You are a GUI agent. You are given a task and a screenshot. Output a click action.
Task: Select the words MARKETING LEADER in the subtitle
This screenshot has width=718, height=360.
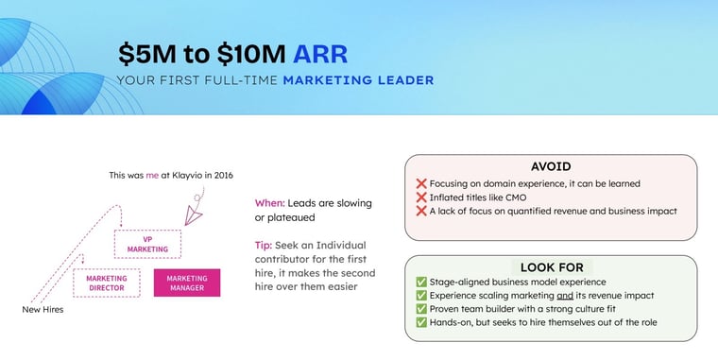click(358, 80)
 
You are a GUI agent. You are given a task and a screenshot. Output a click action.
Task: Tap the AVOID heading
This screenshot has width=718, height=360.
click(551, 165)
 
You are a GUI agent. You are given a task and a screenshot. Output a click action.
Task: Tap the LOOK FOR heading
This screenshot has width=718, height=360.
click(551, 267)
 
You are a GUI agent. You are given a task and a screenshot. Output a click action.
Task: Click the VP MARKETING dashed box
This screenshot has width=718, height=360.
click(148, 244)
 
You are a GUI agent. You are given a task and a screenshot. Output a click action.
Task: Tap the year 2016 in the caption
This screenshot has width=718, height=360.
click(222, 175)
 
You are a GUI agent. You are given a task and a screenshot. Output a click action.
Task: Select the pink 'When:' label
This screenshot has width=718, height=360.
click(270, 203)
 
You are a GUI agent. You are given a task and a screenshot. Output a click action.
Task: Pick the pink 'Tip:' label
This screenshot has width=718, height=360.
click(264, 245)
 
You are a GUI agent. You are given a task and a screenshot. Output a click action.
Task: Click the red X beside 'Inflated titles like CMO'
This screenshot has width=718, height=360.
click(421, 197)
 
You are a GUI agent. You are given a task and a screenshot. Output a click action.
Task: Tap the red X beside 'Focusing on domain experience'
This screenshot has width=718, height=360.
click(421, 183)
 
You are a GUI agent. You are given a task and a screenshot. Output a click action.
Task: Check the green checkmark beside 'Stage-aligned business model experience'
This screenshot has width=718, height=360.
click(421, 283)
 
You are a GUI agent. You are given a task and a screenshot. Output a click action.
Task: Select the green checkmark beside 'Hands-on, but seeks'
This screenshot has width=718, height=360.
click(421, 323)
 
